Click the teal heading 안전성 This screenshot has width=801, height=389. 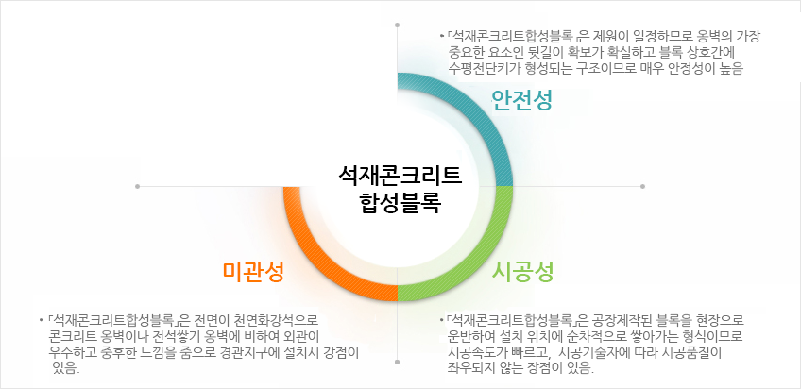point(521,100)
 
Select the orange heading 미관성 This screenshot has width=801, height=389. point(253,272)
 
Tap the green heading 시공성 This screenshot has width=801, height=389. point(522,272)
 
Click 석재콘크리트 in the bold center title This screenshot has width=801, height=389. point(400,175)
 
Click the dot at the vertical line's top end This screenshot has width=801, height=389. point(398,25)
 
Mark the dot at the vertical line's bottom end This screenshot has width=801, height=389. point(398,362)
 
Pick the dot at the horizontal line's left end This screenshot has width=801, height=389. point(137,186)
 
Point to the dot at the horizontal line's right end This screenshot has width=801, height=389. point(642,186)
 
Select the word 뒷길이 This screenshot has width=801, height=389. point(559,52)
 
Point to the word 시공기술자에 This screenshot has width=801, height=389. point(593,353)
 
